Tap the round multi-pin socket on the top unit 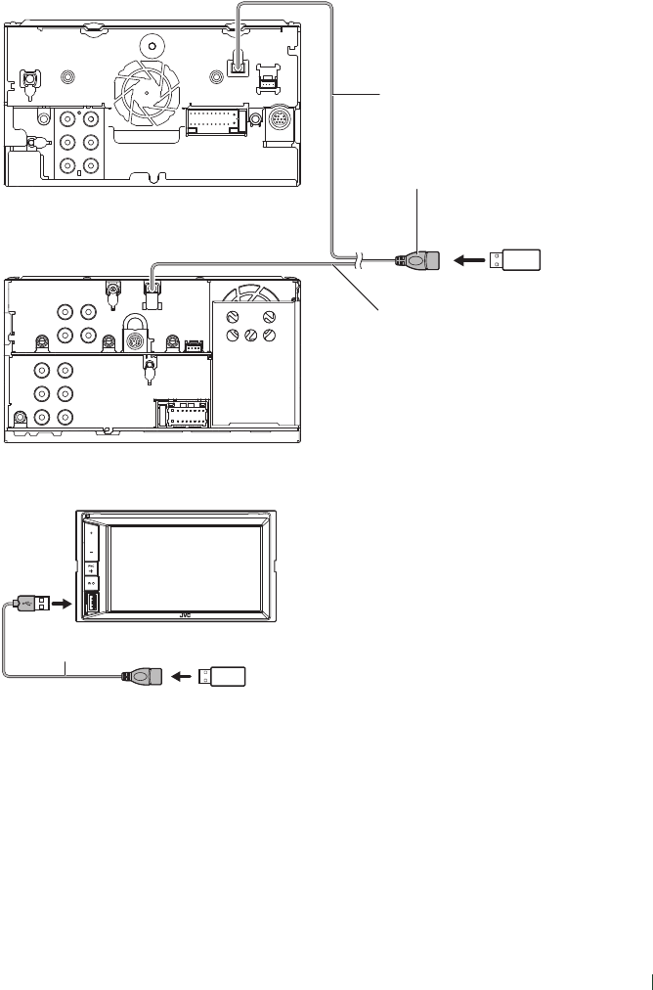(x=280, y=126)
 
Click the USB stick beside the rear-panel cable (x=516, y=261)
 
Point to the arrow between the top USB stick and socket (x=470, y=261)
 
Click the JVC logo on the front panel (x=185, y=616)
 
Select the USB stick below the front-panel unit (x=224, y=675)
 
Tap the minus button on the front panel (x=91, y=553)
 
